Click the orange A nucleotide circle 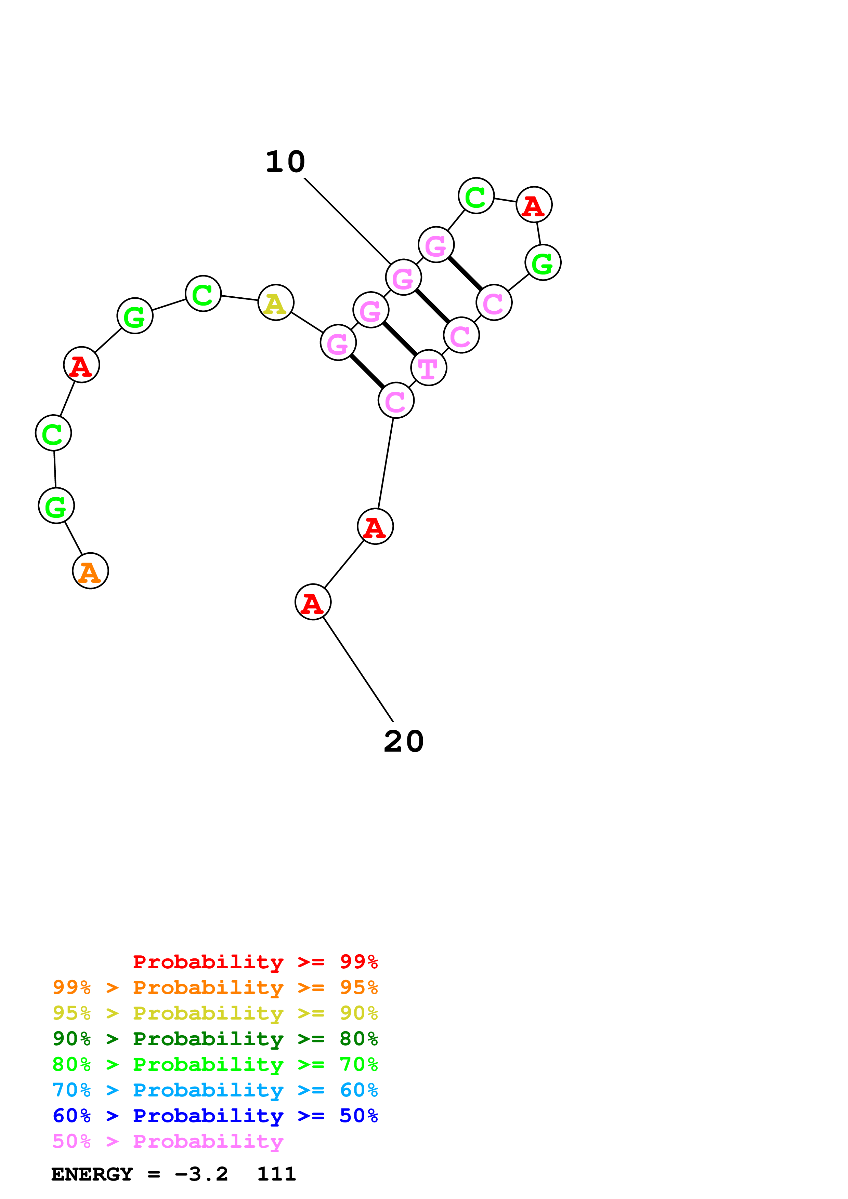(90, 571)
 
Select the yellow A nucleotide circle (276, 302)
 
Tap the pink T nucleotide (428, 368)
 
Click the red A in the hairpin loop (534, 205)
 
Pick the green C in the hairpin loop (476, 196)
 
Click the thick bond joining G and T (400, 339)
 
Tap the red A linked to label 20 (313, 602)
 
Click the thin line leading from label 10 (348, 221)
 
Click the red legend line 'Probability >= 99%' (256, 961)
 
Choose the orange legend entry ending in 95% (215, 987)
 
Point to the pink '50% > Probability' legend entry (168, 1141)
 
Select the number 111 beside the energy (276, 1174)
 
